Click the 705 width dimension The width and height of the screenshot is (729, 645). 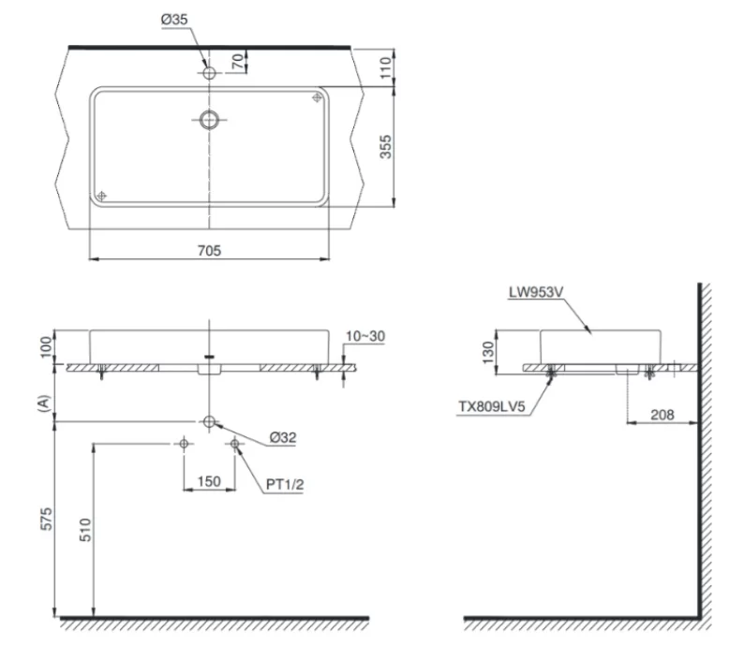(209, 251)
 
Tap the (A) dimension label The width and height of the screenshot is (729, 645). (42, 402)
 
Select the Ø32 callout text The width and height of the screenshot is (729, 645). (284, 436)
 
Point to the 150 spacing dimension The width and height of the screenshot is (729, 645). (209, 481)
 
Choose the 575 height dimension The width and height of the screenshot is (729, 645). (42, 520)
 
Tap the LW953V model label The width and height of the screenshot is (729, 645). (535, 292)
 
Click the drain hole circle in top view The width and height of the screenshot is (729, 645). (209, 119)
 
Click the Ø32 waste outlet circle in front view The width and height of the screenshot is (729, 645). (209, 421)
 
